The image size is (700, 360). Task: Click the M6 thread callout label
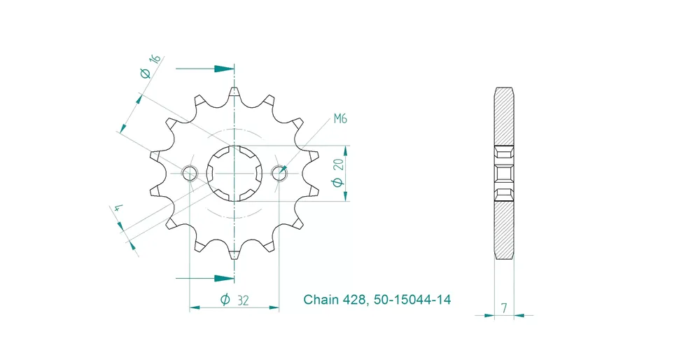click(x=340, y=118)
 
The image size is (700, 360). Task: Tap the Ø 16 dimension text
click(x=150, y=66)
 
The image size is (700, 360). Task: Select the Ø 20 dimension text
click(x=339, y=172)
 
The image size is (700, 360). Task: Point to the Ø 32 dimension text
click(x=234, y=300)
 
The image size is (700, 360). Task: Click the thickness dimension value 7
click(x=504, y=308)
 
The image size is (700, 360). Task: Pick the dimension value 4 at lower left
click(x=118, y=208)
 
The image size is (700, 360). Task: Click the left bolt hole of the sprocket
click(x=189, y=173)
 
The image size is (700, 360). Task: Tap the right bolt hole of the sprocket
click(x=279, y=173)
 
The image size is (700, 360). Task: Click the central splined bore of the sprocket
click(x=234, y=173)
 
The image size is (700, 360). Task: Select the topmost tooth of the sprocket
click(x=234, y=92)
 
